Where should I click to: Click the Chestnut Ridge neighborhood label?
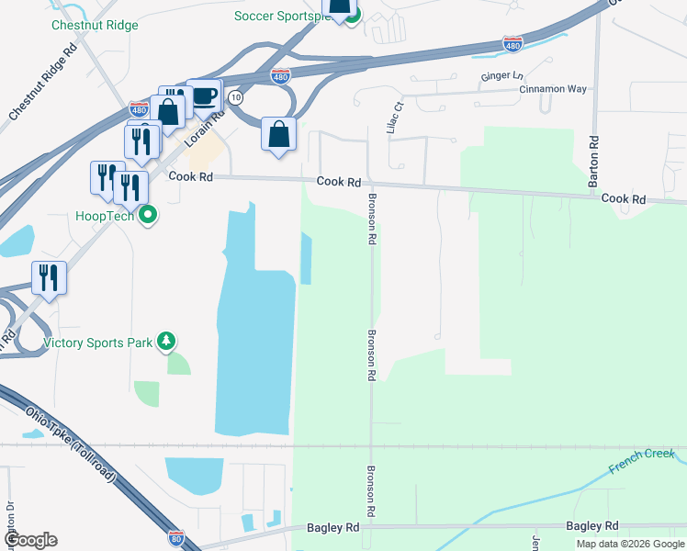(96, 25)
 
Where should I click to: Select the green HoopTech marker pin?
(148, 216)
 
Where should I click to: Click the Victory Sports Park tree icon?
(165, 343)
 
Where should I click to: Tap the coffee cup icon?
(204, 96)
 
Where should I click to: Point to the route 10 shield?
(236, 96)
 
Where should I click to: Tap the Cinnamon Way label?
(552, 89)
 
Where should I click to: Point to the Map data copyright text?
(630, 544)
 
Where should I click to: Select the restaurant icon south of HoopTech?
(49, 277)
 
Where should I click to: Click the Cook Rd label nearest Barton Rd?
(624, 198)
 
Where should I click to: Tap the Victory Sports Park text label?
(98, 343)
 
